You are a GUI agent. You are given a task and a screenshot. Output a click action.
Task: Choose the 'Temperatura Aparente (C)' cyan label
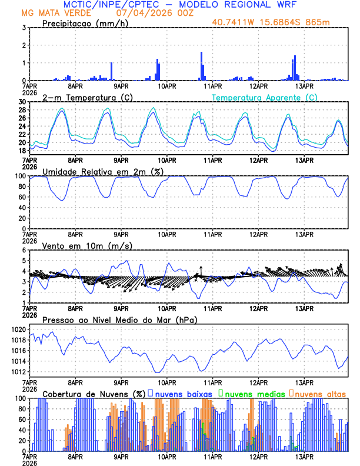(x=264, y=97)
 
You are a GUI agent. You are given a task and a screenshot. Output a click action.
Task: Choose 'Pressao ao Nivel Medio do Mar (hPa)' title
(x=119, y=319)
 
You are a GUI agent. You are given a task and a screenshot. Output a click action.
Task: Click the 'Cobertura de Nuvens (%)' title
(x=93, y=393)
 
